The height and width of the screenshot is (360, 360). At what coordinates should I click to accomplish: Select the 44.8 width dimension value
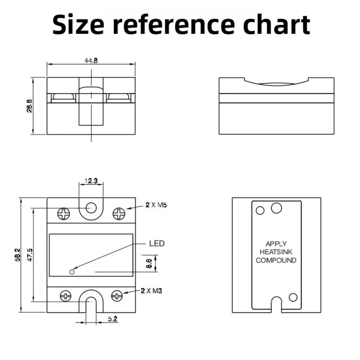(x=91, y=60)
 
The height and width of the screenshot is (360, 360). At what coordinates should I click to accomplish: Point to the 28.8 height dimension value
(x=30, y=106)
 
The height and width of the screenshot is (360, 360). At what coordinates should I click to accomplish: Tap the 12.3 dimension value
(x=91, y=181)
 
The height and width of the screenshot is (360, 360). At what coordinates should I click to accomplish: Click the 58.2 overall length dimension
(x=18, y=255)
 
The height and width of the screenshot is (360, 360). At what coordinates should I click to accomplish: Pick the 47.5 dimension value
(x=30, y=255)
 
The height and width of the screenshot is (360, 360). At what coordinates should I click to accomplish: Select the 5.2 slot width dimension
(x=113, y=319)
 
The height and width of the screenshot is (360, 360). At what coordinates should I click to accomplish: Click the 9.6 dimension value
(x=149, y=263)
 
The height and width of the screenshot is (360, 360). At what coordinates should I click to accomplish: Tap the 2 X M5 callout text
(x=156, y=205)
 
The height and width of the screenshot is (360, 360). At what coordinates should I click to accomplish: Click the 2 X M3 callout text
(x=151, y=291)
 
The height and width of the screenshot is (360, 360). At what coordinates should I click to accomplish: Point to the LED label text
(x=157, y=243)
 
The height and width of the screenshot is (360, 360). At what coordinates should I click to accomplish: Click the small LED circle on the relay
(x=72, y=272)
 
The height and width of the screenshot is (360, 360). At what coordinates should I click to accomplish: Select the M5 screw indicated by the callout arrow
(x=119, y=214)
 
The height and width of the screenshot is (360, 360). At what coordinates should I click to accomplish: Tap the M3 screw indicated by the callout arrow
(x=117, y=296)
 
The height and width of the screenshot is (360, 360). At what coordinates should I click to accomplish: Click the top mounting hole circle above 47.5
(x=91, y=208)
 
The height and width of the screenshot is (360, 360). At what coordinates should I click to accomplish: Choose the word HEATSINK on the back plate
(x=276, y=252)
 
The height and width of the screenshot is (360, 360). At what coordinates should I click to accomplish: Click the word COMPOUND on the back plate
(x=276, y=261)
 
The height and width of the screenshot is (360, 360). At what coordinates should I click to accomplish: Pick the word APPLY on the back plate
(x=276, y=244)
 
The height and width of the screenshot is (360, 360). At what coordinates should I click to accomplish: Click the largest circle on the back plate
(x=276, y=208)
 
